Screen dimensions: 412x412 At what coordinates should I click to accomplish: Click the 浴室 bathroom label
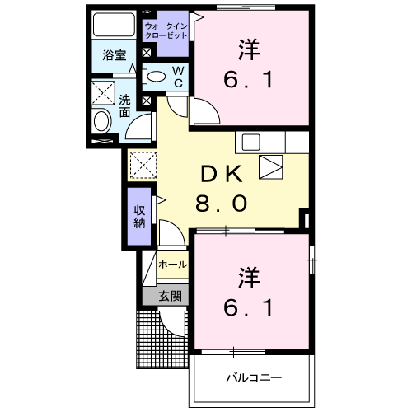(x=114, y=56)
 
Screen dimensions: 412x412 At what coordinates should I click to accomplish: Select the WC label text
(x=178, y=76)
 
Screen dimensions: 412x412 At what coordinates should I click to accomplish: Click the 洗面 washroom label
(x=124, y=105)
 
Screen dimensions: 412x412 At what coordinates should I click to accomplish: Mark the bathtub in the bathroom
(x=113, y=24)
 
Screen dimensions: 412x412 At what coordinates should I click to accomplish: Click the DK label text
(x=222, y=173)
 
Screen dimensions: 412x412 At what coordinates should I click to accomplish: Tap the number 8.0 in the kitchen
(x=222, y=202)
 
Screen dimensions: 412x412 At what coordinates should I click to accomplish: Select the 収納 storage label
(x=140, y=217)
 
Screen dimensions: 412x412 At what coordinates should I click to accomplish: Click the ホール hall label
(x=173, y=265)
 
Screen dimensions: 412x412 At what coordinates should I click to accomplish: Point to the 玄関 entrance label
(x=170, y=296)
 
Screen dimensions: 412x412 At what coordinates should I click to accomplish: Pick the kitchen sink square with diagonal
(x=270, y=167)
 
